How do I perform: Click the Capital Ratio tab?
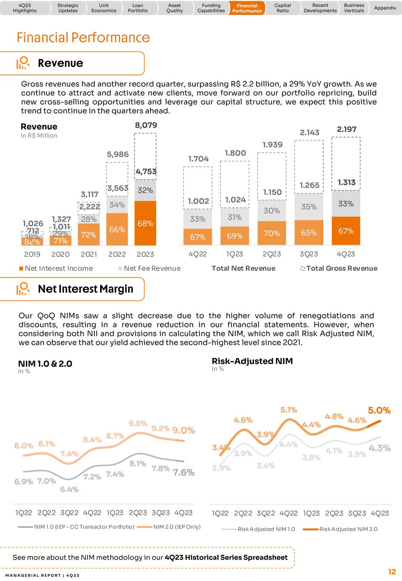click(x=282, y=8)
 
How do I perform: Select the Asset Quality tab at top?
click(x=174, y=8)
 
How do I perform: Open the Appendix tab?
click(x=385, y=8)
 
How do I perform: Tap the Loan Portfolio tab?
click(x=138, y=8)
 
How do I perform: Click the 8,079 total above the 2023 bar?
click(x=146, y=125)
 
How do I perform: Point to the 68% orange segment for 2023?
click(x=145, y=223)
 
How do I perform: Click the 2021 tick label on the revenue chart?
click(x=89, y=254)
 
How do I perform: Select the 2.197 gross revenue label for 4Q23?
click(x=346, y=129)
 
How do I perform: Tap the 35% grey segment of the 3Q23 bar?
click(x=309, y=206)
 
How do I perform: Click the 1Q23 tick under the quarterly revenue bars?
click(x=234, y=254)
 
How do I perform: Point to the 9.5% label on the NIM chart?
click(x=138, y=424)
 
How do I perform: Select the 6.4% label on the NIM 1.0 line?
click(x=69, y=489)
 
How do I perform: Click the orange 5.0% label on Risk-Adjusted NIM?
click(x=379, y=410)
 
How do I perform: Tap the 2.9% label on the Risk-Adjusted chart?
click(x=222, y=468)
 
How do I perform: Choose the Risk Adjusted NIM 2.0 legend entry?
click(x=340, y=529)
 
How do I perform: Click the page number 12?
click(x=391, y=572)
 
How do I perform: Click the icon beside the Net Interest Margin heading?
click(x=23, y=289)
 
